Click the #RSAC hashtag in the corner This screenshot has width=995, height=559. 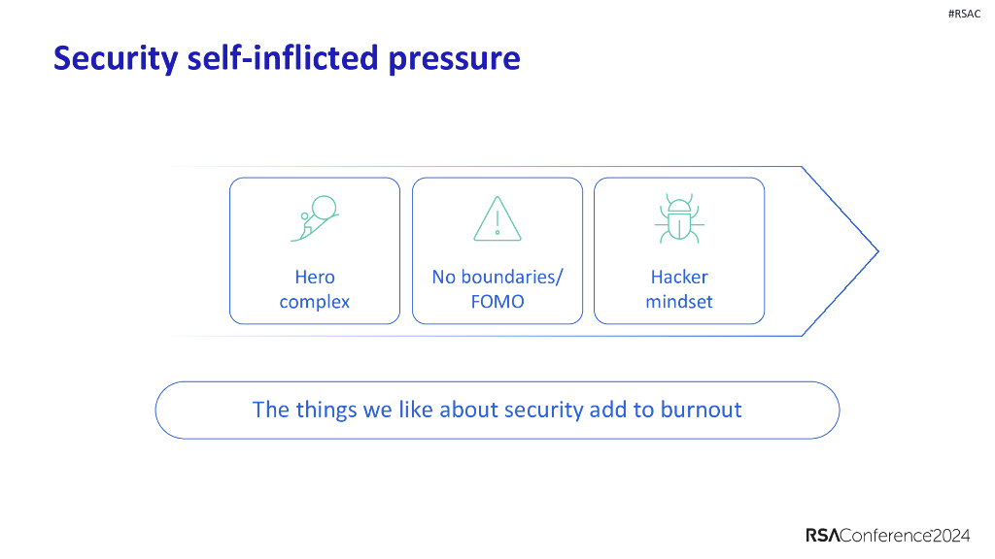click(963, 14)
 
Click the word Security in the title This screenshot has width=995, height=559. click(115, 59)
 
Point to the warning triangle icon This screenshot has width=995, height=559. click(497, 218)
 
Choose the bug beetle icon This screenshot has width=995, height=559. click(679, 218)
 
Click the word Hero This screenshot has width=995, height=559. click(314, 277)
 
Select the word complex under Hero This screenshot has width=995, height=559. click(314, 302)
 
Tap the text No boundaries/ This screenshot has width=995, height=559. click(497, 277)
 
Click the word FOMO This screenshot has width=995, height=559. click(497, 302)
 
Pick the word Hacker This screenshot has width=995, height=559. click(679, 277)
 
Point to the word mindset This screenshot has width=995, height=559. click(679, 302)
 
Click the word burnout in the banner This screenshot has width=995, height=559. click(701, 410)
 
